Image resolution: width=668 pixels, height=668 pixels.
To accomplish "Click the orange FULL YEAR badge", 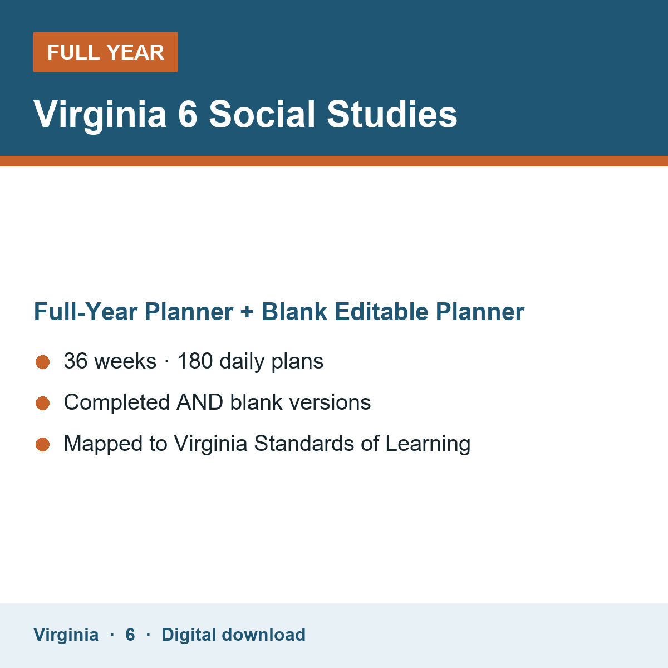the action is [x=105, y=52].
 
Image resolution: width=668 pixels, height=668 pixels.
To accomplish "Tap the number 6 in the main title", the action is [x=188, y=114].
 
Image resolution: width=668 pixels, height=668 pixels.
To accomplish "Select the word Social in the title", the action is [x=262, y=114].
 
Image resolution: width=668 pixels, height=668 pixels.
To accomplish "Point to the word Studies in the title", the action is [x=392, y=114].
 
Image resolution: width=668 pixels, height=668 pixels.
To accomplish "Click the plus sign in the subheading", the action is [x=247, y=312].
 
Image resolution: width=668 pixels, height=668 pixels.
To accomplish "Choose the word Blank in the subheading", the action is [x=294, y=311].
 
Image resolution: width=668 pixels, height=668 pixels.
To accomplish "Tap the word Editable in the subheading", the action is [x=381, y=311].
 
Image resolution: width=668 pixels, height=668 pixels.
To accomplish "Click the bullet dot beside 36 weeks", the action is [x=43, y=362].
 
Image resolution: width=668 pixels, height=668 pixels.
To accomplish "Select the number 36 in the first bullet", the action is [x=76, y=361].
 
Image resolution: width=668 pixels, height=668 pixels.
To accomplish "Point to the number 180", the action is [x=195, y=361].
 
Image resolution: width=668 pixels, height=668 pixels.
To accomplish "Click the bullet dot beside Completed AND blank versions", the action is [x=43, y=403].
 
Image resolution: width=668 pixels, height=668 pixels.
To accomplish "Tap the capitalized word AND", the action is [x=200, y=402].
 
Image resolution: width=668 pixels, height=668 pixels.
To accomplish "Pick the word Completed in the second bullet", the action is [x=117, y=403].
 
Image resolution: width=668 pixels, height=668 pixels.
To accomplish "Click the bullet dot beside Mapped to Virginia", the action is [x=43, y=444].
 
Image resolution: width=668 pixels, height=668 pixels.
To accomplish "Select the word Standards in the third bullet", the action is [x=304, y=443].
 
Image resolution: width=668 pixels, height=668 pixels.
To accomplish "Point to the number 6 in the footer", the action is [x=130, y=635].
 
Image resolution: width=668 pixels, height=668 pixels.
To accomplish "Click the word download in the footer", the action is [x=263, y=635].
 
